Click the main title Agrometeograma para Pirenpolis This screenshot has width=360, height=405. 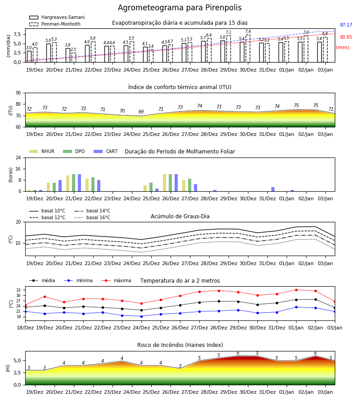(180, 8)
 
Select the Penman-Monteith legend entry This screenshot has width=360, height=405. (55, 24)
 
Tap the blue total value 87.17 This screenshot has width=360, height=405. (346, 25)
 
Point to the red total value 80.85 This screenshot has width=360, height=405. (346, 37)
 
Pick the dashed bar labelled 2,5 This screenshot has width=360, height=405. (74, 58)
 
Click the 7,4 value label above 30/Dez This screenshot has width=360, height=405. (248, 31)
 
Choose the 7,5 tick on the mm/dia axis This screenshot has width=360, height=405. (17, 35)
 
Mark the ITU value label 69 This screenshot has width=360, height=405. (141, 112)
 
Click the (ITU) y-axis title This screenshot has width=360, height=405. (11, 110)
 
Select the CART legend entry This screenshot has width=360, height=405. (106, 151)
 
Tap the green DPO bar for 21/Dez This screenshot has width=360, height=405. (74, 183)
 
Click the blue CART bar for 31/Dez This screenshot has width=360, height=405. (273, 189)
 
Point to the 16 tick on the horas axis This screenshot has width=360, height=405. (18, 169)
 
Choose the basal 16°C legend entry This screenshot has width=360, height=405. (92, 217)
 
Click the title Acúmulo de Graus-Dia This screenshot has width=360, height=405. (180, 216)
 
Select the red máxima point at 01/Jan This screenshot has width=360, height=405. (296, 290)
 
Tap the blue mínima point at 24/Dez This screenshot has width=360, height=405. (141, 316)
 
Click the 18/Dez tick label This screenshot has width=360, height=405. (25, 328)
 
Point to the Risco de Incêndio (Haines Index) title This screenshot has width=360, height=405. (180, 345)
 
